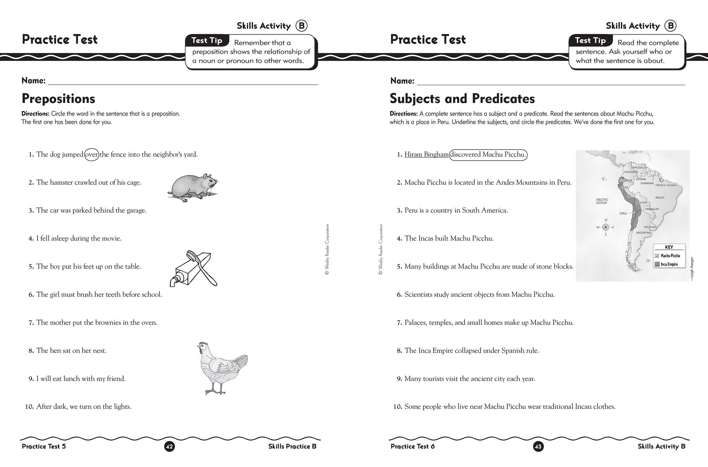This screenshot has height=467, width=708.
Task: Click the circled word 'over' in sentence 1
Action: [x=92, y=155]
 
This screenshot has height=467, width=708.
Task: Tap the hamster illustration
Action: [x=193, y=188]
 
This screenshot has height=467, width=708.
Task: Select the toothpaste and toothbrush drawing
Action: [x=193, y=269]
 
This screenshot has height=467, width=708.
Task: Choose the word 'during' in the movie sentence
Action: [x=80, y=238]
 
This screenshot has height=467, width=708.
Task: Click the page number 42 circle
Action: [x=169, y=446]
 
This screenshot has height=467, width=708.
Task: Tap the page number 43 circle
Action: [x=538, y=446]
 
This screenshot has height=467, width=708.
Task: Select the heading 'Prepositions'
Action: [x=58, y=99]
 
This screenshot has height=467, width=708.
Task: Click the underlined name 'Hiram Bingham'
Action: [x=426, y=155]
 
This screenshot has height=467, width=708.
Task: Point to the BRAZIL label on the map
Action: [x=660, y=198]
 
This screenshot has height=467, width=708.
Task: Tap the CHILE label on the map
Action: [x=623, y=213]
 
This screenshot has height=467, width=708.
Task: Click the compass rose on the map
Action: [x=606, y=227]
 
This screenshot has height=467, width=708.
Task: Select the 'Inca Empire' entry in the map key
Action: [x=669, y=264]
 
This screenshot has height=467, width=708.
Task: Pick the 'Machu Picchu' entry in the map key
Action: [x=670, y=256]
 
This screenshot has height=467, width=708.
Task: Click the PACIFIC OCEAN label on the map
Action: [x=602, y=201]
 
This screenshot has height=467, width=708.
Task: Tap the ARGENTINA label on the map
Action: [x=643, y=233]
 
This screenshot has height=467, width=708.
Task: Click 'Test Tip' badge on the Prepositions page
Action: [x=207, y=41]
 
